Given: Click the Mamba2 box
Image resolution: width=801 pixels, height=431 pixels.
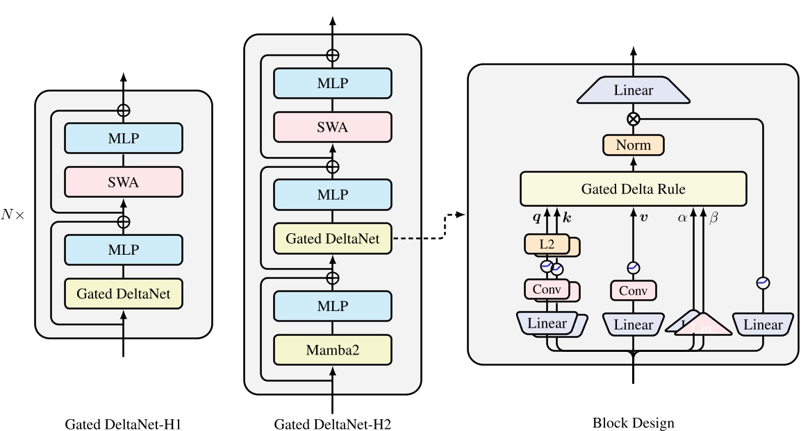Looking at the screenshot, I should [x=332, y=350].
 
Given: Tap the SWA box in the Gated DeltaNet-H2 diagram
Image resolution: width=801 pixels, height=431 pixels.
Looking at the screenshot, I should [x=332, y=128].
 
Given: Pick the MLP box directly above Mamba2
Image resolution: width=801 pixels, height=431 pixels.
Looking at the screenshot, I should [x=332, y=306].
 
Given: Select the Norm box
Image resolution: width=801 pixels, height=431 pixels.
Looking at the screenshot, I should [x=633, y=145].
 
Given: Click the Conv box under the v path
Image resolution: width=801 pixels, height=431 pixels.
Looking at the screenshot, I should [x=633, y=291].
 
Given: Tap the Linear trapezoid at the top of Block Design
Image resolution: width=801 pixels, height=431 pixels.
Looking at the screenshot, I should [x=633, y=91].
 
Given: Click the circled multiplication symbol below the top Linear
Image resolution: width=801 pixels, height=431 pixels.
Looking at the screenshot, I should [x=633, y=119].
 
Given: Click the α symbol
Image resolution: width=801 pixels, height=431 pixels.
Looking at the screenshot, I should [x=682, y=217].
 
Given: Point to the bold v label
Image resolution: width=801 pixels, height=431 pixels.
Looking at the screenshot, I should [x=643, y=217].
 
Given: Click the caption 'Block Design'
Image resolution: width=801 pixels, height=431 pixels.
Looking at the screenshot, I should [x=633, y=422].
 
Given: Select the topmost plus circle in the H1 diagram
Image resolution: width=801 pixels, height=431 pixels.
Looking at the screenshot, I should [x=123, y=110].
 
